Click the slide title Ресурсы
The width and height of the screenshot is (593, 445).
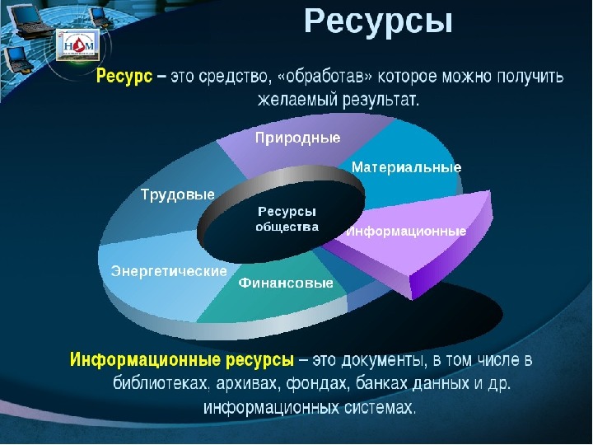(x=378, y=22)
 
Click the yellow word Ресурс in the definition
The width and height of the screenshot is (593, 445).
(x=124, y=76)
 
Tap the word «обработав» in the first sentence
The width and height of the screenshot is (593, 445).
(x=325, y=77)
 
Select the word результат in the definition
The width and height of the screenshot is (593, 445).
(x=381, y=100)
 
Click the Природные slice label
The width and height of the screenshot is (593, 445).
(x=297, y=138)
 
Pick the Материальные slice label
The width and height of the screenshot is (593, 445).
(x=407, y=167)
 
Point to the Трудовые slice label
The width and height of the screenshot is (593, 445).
(x=178, y=194)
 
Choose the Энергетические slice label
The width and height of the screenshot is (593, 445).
(x=169, y=271)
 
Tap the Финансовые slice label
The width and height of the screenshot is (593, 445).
(x=286, y=283)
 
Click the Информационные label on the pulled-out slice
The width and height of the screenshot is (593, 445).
(x=406, y=231)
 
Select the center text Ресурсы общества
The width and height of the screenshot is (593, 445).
(x=287, y=218)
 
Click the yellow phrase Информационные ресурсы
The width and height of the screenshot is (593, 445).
(x=181, y=359)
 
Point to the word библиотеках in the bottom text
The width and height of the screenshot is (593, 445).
(x=161, y=383)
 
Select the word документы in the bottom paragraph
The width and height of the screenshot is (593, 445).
(x=385, y=360)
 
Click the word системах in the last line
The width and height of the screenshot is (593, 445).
(x=380, y=407)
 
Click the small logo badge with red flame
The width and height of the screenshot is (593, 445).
(x=78, y=45)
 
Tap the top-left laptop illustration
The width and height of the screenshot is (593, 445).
(x=26, y=20)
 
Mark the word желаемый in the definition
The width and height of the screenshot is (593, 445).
(x=297, y=100)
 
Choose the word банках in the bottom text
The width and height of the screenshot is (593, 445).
(x=381, y=383)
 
